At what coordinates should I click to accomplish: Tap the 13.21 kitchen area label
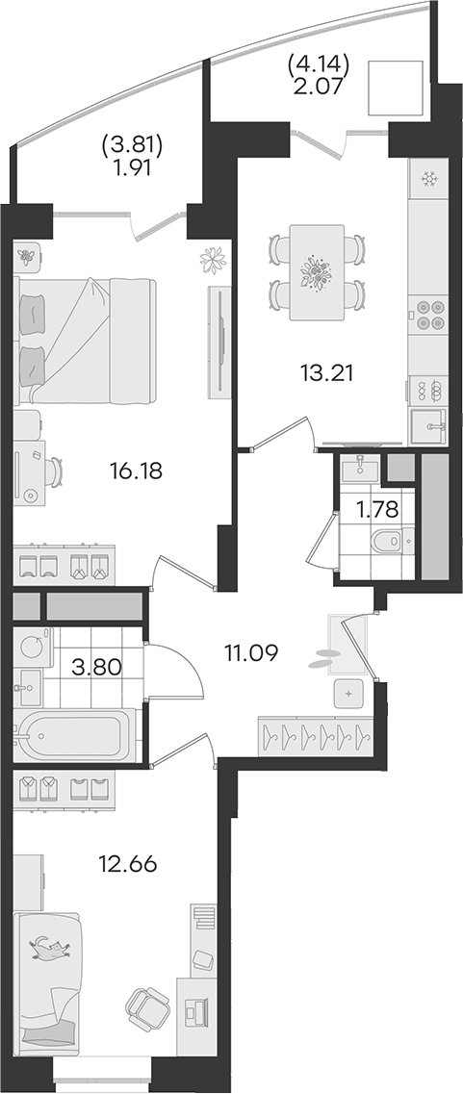pos(327,372)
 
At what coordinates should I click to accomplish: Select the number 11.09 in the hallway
pos(251,653)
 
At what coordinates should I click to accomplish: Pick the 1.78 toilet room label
pos(377,510)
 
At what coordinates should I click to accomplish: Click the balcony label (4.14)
pos(318,68)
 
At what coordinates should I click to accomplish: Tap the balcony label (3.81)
pos(132,145)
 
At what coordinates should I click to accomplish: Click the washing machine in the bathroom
pos(32,647)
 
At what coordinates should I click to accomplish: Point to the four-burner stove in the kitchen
pos(426,315)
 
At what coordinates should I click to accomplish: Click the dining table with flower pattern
pos(317,272)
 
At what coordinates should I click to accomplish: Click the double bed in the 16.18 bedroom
pos(85,341)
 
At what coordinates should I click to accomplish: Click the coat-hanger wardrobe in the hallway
pos(316,735)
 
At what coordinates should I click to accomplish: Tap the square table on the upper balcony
pos(397,89)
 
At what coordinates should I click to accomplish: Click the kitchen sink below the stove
pos(427,426)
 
